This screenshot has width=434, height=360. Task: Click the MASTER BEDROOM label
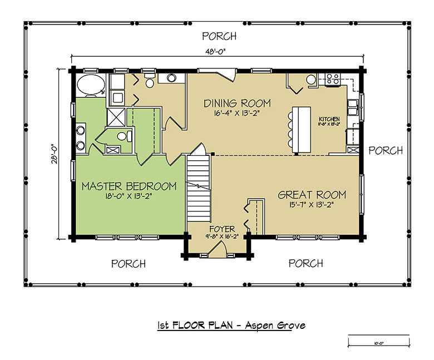click(129, 186)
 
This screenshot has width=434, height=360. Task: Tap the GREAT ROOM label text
click(312, 195)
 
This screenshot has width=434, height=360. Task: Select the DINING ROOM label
click(237, 103)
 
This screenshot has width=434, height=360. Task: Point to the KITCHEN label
click(329, 120)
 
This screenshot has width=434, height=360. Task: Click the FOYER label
click(222, 229)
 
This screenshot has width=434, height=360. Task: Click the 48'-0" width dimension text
click(218, 51)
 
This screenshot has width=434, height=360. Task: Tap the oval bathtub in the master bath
click(90, 86)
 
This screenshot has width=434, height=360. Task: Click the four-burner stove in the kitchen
click(333, 80)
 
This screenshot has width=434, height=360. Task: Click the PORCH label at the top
click(219, 37)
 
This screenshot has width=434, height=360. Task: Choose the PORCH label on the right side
click(386, 151)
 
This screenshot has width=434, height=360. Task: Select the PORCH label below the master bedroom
click(129, 263)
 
